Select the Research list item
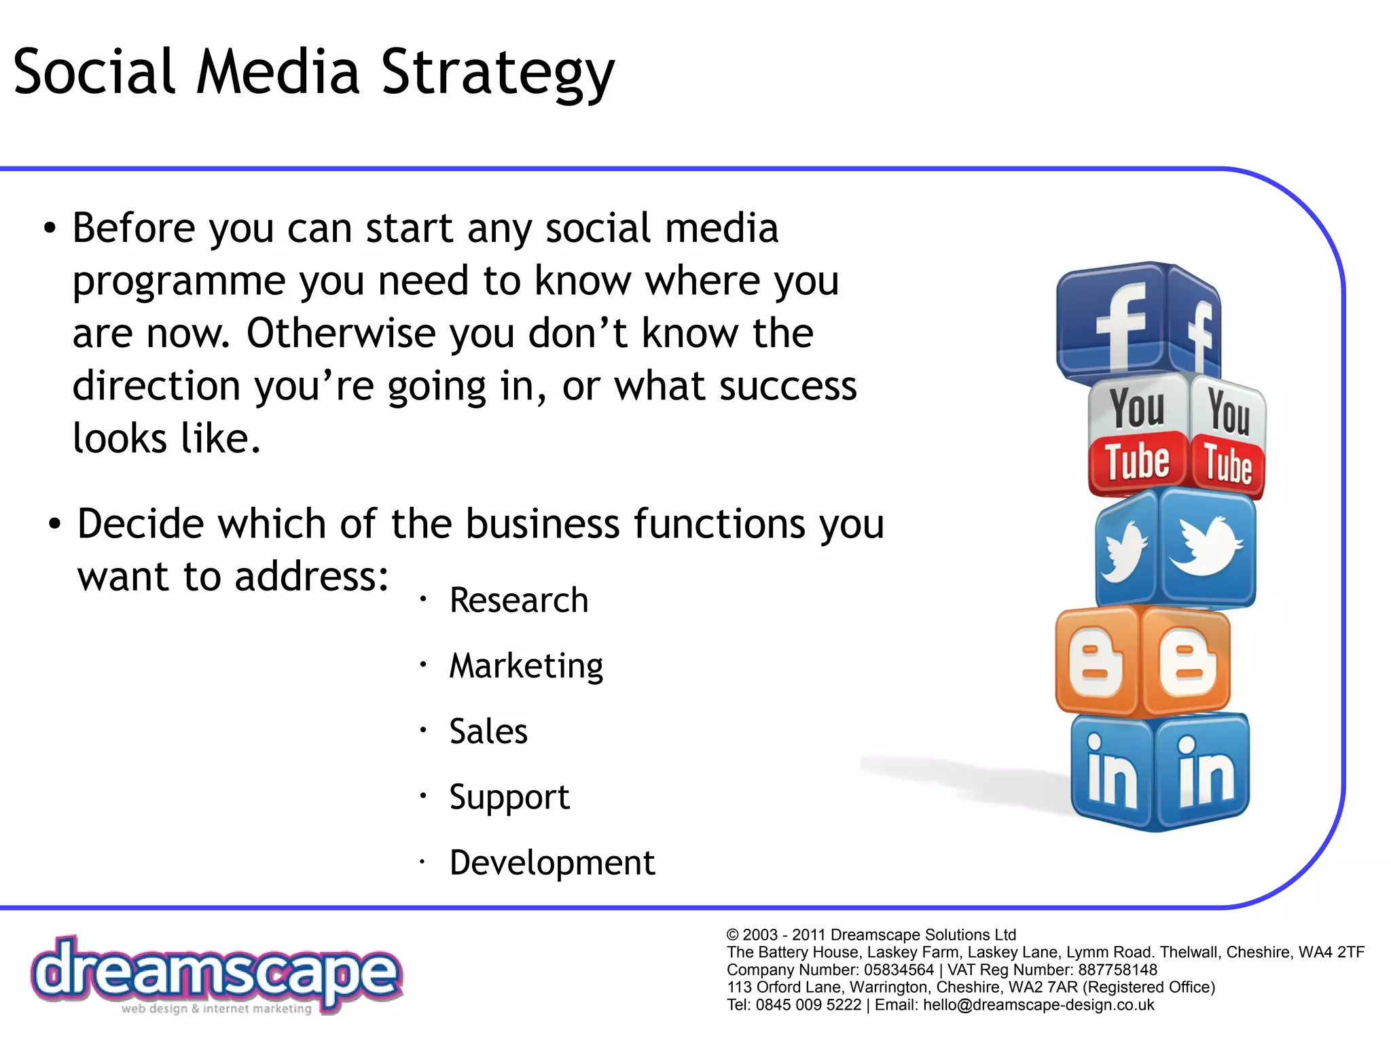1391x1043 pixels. pyautogui.click(x=519, y=600)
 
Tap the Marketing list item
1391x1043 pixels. pyautogui.click(x=526, y=666)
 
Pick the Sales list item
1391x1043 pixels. pyautogui.click(x=488, y=731)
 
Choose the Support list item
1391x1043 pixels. pyautogui.click(x=509, y=797)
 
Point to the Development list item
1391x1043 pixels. pyautogui.click(x=552, y=863)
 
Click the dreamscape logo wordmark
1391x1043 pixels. pyautogui.click(x=216, y=973)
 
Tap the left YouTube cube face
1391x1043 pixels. pyautogui.click(x=1138, y=435)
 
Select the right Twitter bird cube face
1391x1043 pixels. pyautogui.click(x=1207, y=547)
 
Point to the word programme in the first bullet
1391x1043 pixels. pyautogui.click(x=179, y=281)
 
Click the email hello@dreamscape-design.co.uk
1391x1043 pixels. pyautogui.click(x=1038, y=1005)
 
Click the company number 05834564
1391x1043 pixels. pyautogui.click(x=899, y=970)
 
